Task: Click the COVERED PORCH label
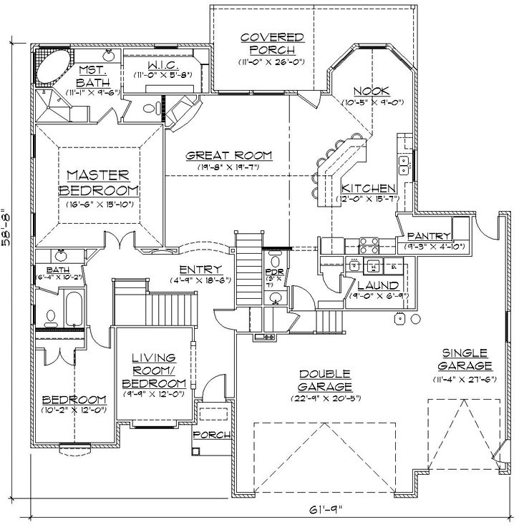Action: coord(272,43)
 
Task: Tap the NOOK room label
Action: coord(371,91)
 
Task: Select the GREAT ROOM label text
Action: coord(229,154)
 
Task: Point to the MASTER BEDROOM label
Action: coord(98,183)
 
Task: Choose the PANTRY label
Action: coord(429,237)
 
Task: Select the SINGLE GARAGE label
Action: coord(465,360)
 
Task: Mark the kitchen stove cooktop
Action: coord(368,245)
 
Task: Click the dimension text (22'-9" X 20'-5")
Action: coord(325,398)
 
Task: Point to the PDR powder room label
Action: coord(271,272)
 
